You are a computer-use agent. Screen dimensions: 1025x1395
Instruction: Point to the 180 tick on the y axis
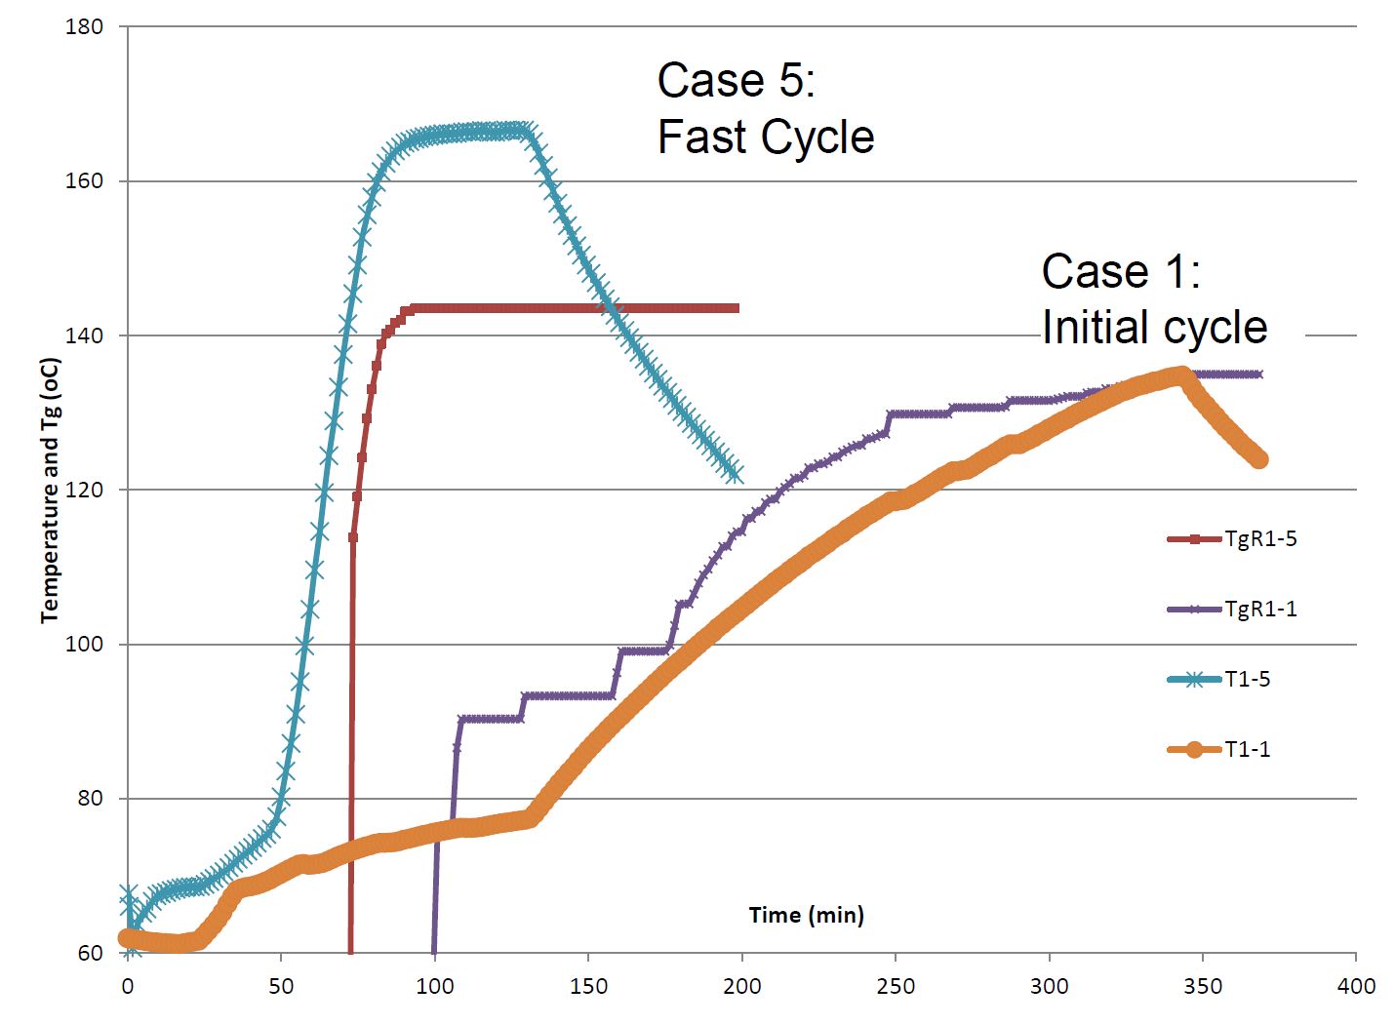coord(84,27)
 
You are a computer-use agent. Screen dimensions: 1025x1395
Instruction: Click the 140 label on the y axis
coord(84,335)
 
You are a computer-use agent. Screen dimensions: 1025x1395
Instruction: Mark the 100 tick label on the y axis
coord(84,645)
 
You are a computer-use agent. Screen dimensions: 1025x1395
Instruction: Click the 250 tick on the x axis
coord(896,986)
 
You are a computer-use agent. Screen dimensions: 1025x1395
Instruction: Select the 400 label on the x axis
coord(1356,986)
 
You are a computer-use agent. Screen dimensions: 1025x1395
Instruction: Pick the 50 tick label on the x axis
coord(281,986)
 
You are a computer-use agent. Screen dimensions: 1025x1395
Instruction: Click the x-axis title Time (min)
coord(806,915)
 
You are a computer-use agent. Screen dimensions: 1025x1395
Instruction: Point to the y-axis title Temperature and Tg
coord(51,490)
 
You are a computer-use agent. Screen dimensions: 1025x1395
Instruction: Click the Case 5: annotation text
coord(736,80)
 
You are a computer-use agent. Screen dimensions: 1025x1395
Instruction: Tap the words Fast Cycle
coord(766,137)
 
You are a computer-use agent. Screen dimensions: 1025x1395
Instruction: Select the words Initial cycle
coord(1154,327)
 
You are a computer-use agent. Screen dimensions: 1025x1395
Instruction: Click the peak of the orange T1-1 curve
coord(1181,375)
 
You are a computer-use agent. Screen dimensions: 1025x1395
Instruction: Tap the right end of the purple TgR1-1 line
coord(1259,375)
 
